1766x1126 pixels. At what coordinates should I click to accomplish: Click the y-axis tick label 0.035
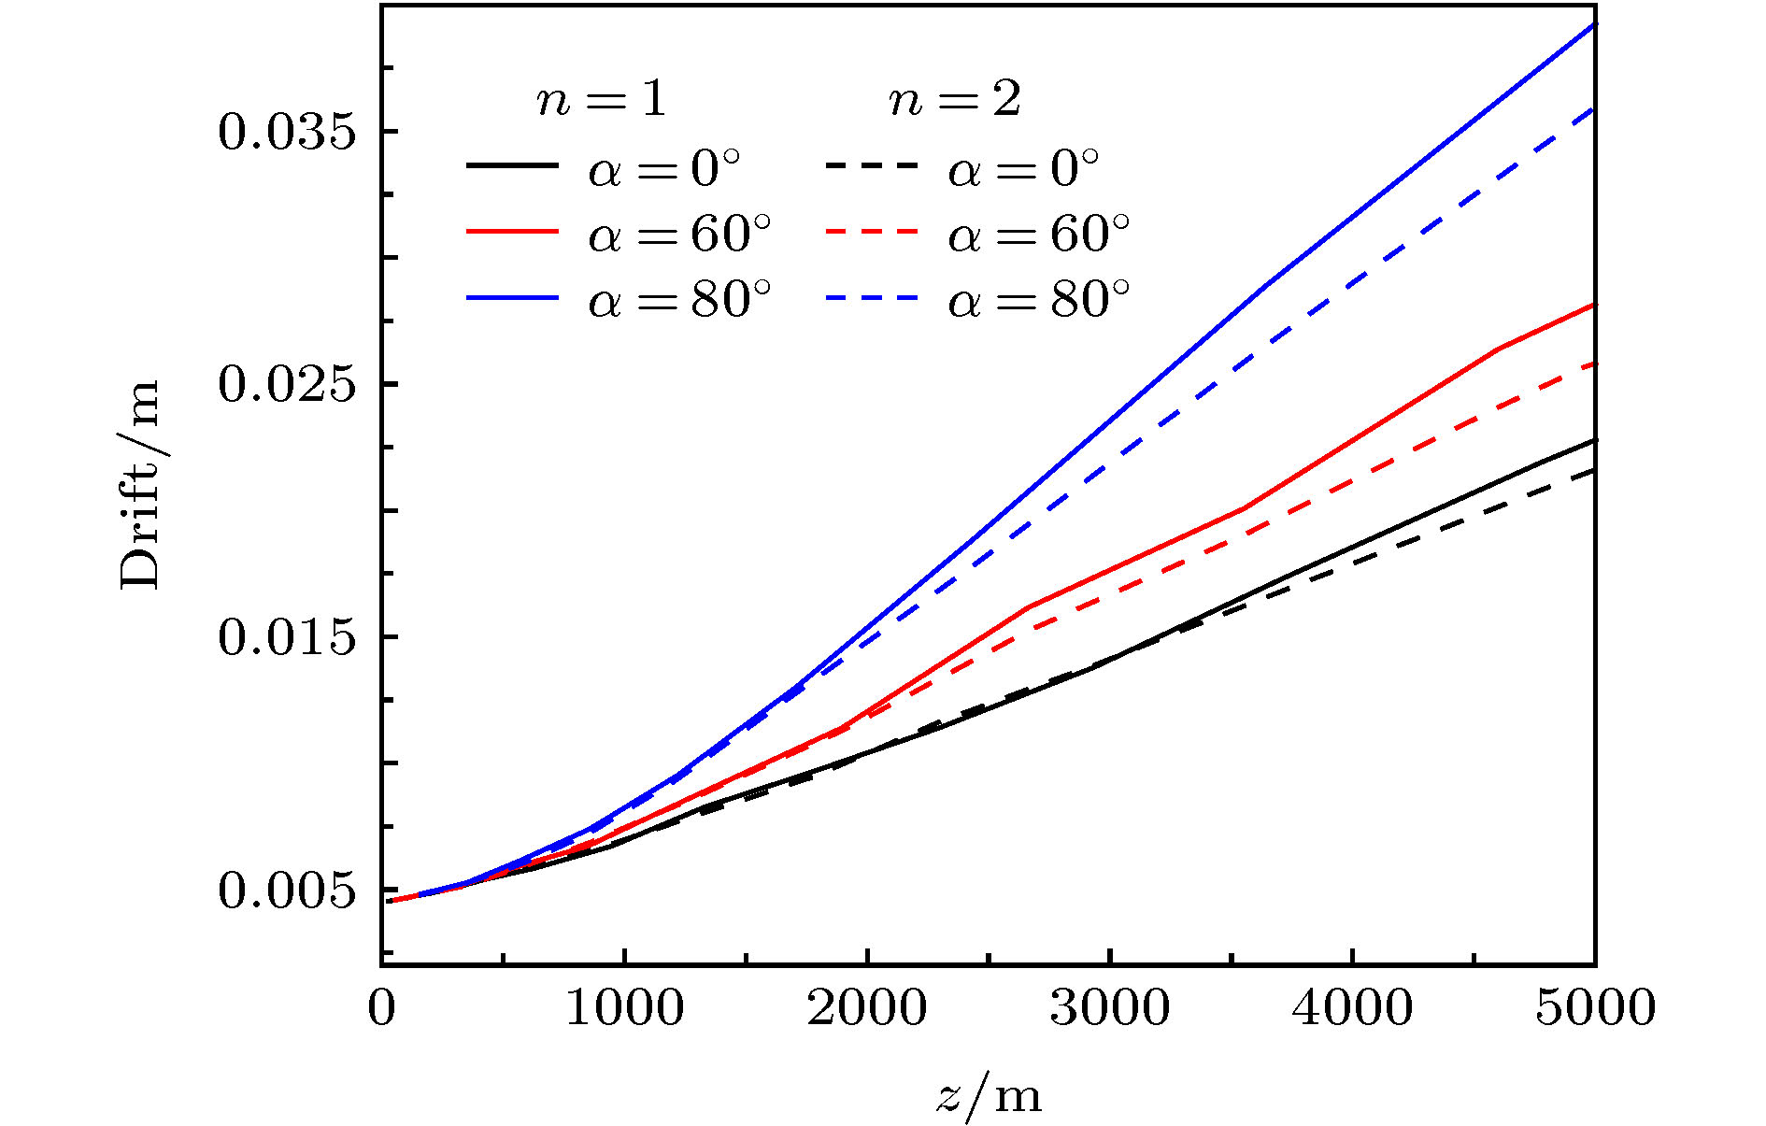(287, 132)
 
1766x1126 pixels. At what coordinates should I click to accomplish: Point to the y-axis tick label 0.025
(287, 384)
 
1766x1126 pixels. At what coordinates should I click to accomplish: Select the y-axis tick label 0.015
(287, 637)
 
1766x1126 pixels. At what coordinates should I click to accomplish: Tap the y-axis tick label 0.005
(287, 891)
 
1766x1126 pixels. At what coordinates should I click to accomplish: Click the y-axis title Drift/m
(140, 486)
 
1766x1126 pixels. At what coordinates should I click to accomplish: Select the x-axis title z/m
(989, 1095)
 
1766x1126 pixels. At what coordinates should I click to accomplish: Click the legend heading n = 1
(602, 99)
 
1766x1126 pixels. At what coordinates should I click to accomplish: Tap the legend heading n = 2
(955, 99)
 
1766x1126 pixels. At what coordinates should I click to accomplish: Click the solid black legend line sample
(512, 165)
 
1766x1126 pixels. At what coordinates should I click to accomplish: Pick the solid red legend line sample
(512, 232)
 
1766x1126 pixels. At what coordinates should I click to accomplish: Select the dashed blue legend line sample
(871, 298)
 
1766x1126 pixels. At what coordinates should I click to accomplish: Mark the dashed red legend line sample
(871, 232)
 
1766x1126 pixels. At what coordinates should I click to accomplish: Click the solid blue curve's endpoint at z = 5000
(1594, 23)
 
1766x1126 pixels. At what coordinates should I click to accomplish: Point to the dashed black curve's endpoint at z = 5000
(1594, 470)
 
